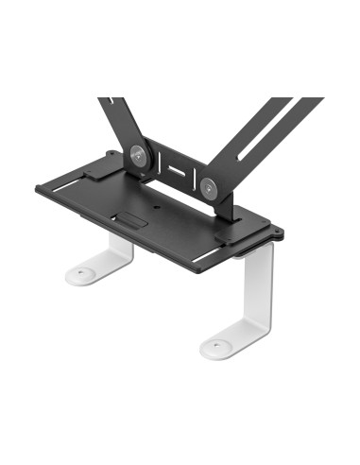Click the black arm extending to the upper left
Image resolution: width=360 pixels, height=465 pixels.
119,118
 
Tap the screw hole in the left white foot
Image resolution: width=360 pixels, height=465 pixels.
81,275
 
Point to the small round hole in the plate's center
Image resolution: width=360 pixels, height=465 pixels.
156,200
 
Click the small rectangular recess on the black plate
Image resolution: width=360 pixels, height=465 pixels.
133,220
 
